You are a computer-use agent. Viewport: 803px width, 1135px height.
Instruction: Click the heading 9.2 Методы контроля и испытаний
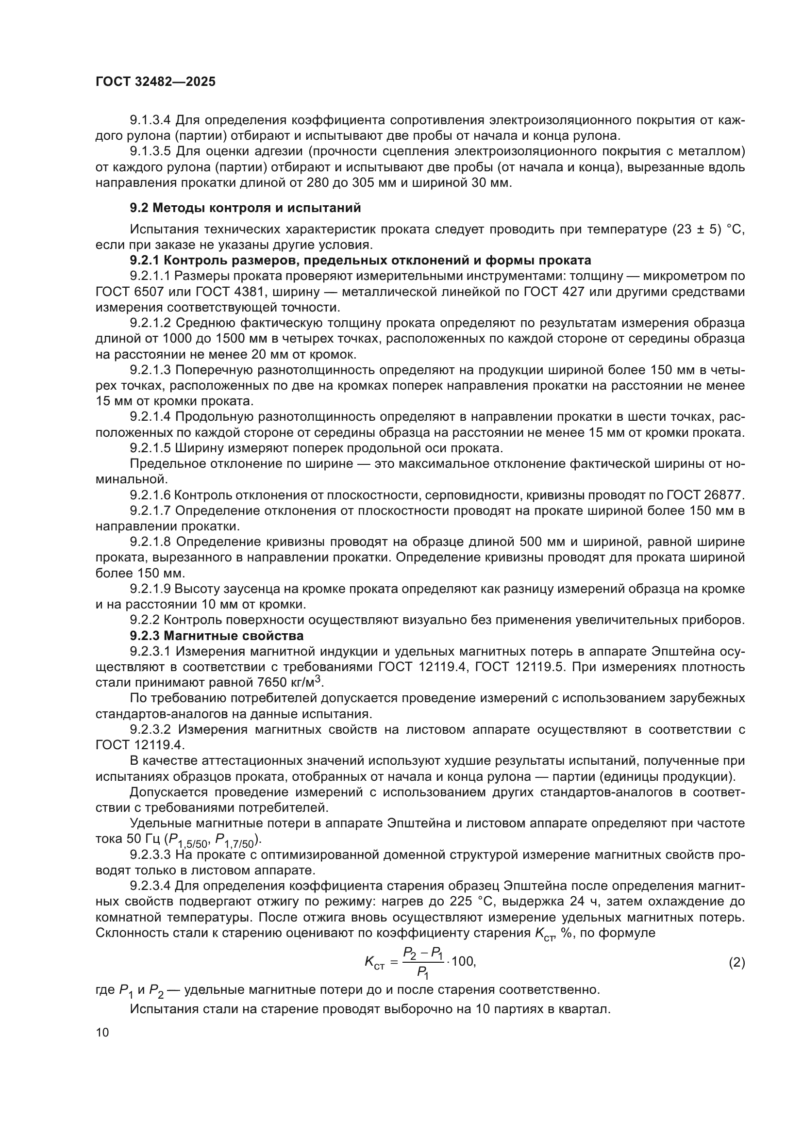tap(245, 208)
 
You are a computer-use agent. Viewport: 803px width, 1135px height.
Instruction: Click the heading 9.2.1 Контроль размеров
tap(360, 261)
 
